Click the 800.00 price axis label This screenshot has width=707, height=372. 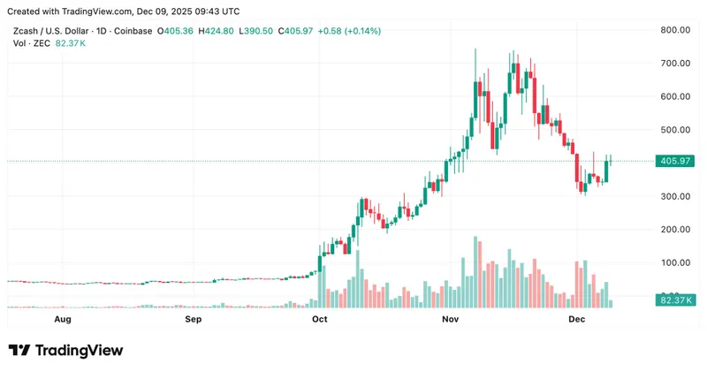pos(675,30)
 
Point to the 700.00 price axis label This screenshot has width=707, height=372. pos(675,64)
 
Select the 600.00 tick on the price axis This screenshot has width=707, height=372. pos(675,96)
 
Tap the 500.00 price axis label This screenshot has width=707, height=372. pos(675,130)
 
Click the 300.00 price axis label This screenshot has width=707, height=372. pos(675,196)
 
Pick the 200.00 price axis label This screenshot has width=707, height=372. pos(675,229)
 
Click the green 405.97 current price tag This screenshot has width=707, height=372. pos(675,161)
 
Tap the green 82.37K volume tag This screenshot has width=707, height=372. pos(675,300)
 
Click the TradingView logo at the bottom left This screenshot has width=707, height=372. pos(65,351)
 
